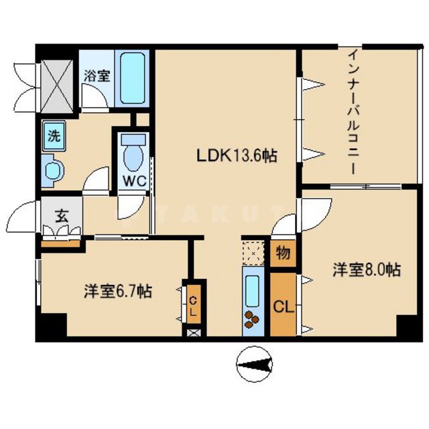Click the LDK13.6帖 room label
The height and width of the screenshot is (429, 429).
click(237, 156)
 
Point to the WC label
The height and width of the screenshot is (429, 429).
click(134, 181)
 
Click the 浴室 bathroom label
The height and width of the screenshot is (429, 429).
click(97, 76)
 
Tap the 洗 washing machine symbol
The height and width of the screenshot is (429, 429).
click(53, 134)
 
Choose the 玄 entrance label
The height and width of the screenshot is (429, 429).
click(61, 217)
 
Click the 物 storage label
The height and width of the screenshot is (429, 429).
click(282, 253)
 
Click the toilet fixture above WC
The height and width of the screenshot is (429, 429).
click(134, 153)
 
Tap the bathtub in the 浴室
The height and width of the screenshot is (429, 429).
click(135, 78)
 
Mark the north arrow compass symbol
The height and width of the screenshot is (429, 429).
click(254, 364)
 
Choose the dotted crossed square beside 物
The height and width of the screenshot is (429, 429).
click(254, 254)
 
